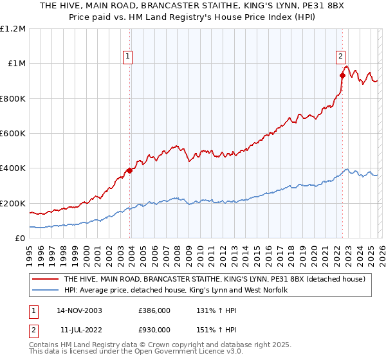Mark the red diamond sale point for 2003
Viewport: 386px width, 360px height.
point(130,171)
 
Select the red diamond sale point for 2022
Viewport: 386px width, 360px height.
point(342,76)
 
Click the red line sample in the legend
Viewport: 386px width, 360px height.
point(45,279)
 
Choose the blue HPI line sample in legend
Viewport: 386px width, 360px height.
point(45,291)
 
